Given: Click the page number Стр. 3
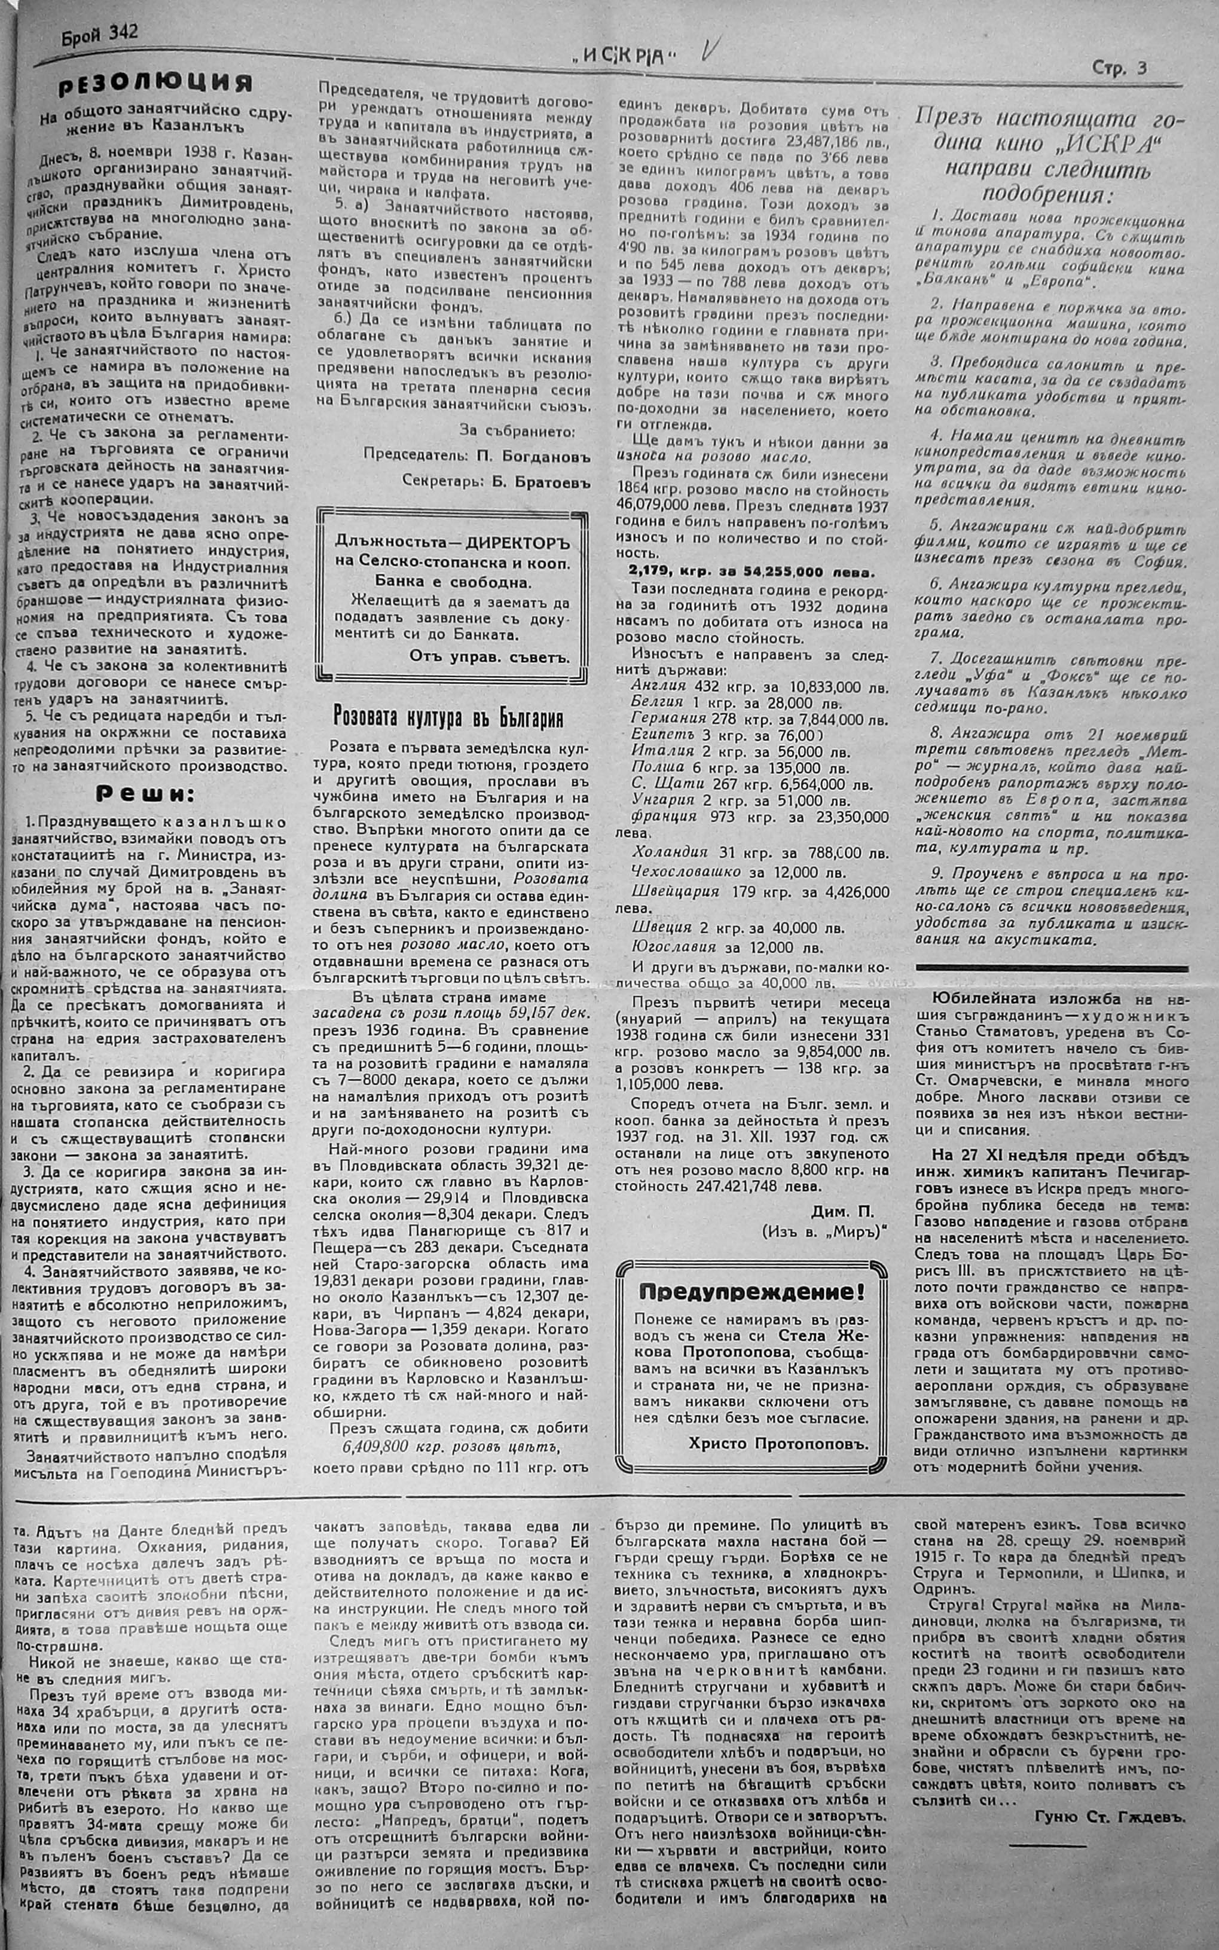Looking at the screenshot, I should click(1120, 69).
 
